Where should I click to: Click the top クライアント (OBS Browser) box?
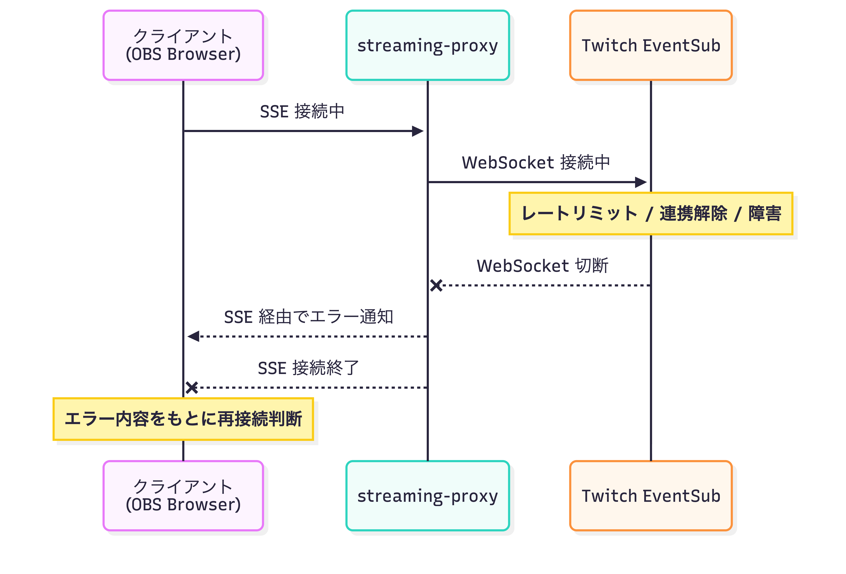[x=183, y=45]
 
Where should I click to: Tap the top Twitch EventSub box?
[x=651, y=45]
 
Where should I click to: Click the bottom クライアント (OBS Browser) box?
[x=183, y=495]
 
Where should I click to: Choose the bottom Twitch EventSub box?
[x=651, y=495]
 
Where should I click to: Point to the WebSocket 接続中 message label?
[x=536, y=163]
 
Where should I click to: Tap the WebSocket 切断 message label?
[x=543, y=266]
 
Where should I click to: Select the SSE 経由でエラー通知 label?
[x=308, y=317]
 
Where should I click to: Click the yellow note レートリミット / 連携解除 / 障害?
[x=651, y=213]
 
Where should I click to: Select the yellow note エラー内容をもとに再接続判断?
[x=183, y=419]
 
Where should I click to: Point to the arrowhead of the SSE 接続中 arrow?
[x=418, y=131]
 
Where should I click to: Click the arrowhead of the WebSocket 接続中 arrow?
[x=641, y=182]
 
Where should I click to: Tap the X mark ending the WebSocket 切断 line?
[x=436, y=286]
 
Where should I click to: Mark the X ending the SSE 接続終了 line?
[x=192, y=387]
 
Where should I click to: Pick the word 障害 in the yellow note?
[x=765, y=213]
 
